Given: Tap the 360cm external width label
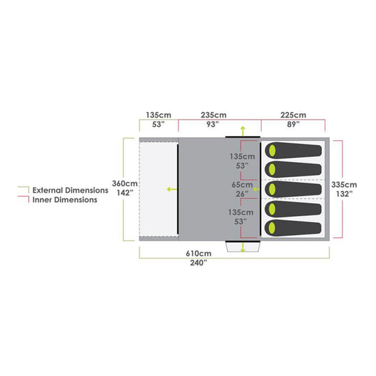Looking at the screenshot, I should click(x=125, y=184).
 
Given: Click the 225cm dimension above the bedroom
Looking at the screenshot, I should click(x=294, y=115).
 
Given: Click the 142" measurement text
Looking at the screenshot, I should click(x=125, y=193).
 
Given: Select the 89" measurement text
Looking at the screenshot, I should click(x=294, y=124).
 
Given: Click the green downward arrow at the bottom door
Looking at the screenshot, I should click(x=242, y=244).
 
